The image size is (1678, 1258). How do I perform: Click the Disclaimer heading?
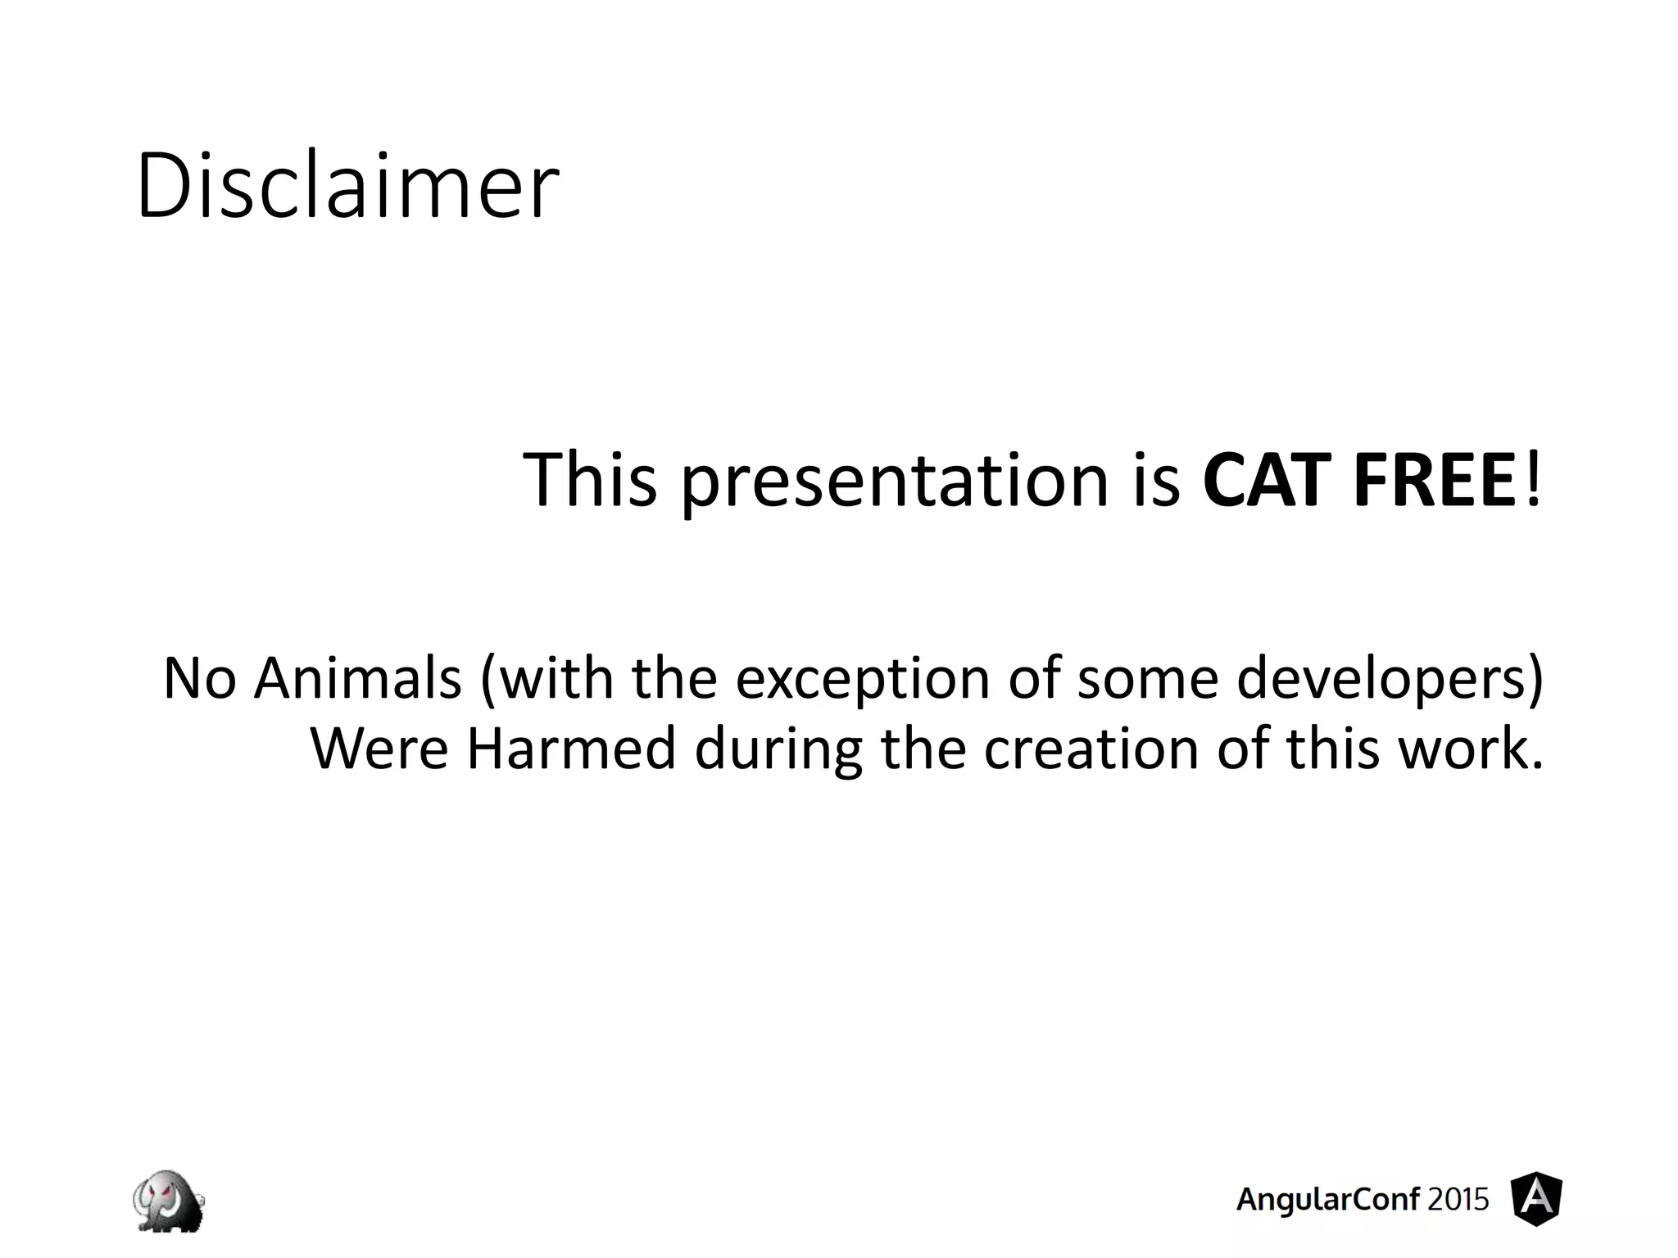click(x=347, y=187)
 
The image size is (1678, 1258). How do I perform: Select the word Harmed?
click(x=571, y=749)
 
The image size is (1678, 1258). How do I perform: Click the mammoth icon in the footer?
click(x=168, y=1201)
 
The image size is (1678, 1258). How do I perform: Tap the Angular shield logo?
click(x=1536, y=1199)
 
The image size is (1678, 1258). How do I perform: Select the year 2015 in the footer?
click(x=1458, y=1200)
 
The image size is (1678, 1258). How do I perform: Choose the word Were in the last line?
click(x=379, y=749)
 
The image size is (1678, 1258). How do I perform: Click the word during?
click(x=778, y=750)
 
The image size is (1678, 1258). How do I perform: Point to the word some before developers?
click(x=1148, y=680)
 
